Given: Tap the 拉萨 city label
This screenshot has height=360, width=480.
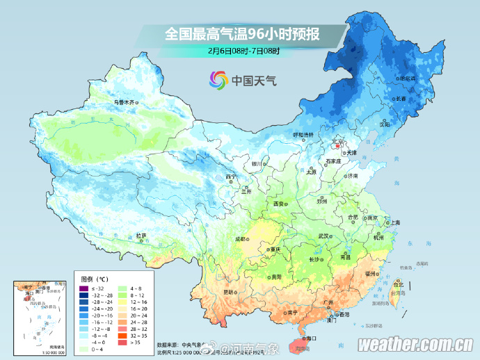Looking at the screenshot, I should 142,235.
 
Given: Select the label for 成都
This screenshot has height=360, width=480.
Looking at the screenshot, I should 241,238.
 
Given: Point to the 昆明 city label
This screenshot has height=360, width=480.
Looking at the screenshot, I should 229,291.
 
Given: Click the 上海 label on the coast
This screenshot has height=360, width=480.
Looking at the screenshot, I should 395,222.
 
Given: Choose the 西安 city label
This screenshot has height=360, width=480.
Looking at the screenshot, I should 279,204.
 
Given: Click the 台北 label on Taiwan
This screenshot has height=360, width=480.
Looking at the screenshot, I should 398,284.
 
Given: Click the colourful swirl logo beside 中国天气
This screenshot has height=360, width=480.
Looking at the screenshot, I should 218,81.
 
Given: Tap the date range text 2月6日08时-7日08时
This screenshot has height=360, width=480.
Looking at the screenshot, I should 243,51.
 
